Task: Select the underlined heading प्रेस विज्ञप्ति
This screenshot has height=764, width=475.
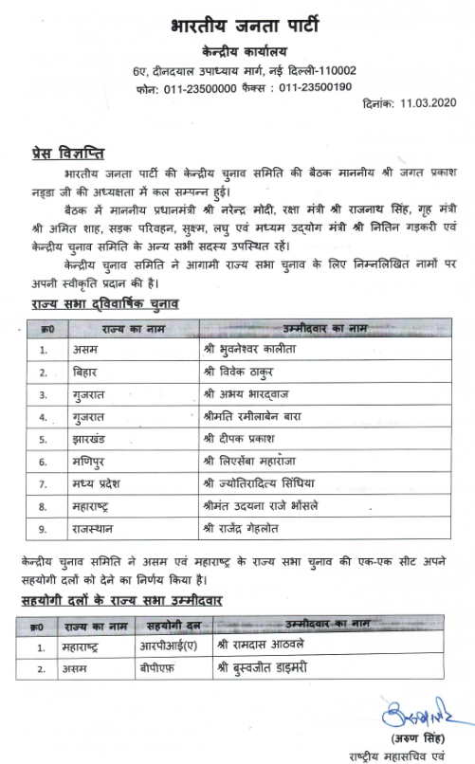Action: [x=65, y=153]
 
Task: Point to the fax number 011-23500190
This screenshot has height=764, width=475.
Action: [x=316, y=87]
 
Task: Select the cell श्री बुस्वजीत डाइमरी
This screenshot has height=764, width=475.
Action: [x=278, y=668]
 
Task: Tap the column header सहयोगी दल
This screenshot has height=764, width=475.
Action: [x=173, y=626]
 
